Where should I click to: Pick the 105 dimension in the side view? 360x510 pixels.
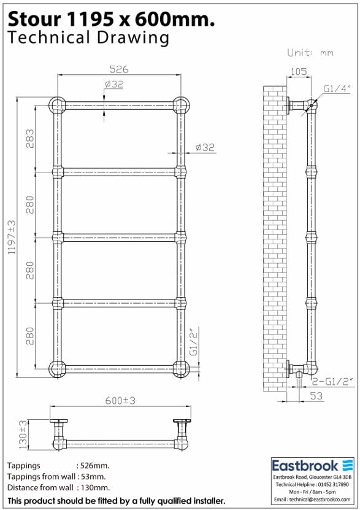297,72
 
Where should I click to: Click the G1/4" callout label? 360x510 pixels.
337,88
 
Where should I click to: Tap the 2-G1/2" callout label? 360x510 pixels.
332,381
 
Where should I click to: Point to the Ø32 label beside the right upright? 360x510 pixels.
205,147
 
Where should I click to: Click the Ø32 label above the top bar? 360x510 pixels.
115,84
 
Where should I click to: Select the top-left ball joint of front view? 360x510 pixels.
56,104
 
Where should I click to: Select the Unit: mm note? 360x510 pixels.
310,53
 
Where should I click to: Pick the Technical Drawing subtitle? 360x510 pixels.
88,38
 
